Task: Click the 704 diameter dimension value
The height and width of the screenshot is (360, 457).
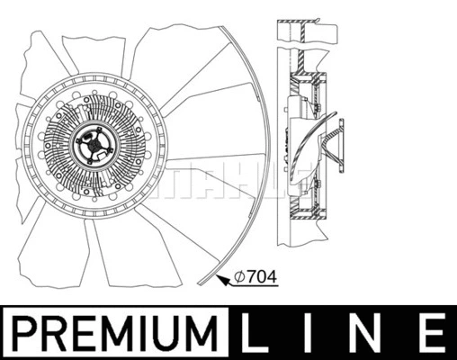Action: (x=261, y=277)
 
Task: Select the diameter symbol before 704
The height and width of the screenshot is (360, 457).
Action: (x=240, y=277)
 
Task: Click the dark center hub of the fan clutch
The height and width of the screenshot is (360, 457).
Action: (x=92, y=147)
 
